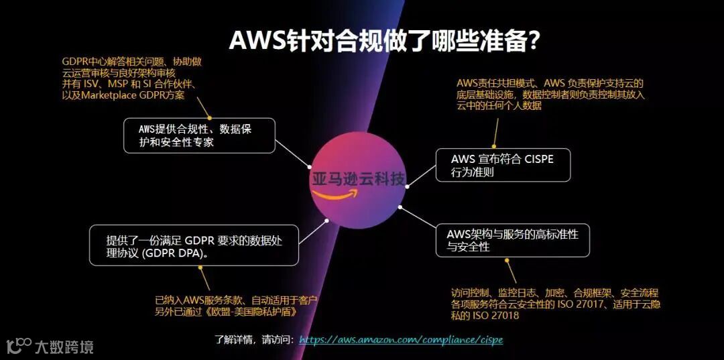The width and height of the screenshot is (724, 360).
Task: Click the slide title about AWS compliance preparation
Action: [x=385, y=40]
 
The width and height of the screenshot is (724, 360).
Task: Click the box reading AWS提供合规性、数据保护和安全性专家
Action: [x=199, y=135]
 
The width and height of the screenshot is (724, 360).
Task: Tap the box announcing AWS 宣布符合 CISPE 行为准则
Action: [x=502, y=166]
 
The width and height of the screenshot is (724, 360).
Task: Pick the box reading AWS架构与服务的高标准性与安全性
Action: [x=513, y=240]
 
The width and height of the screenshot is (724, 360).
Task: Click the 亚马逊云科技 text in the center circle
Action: [x=358, y=179]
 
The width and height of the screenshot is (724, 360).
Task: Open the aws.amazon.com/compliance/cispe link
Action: [x=401, y=340]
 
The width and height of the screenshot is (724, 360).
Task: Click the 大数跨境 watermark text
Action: [x=64, y=347]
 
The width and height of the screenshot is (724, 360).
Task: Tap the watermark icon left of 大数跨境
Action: [x=19, y=345]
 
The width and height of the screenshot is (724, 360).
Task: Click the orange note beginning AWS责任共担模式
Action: [x=550, y=94]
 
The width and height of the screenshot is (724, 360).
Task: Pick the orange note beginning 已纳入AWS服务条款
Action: [x=236, y=306]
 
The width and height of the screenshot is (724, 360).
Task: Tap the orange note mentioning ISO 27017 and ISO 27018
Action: [x=555, y=304]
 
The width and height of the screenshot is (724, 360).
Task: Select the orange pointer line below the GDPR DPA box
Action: [x=204, y=278]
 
